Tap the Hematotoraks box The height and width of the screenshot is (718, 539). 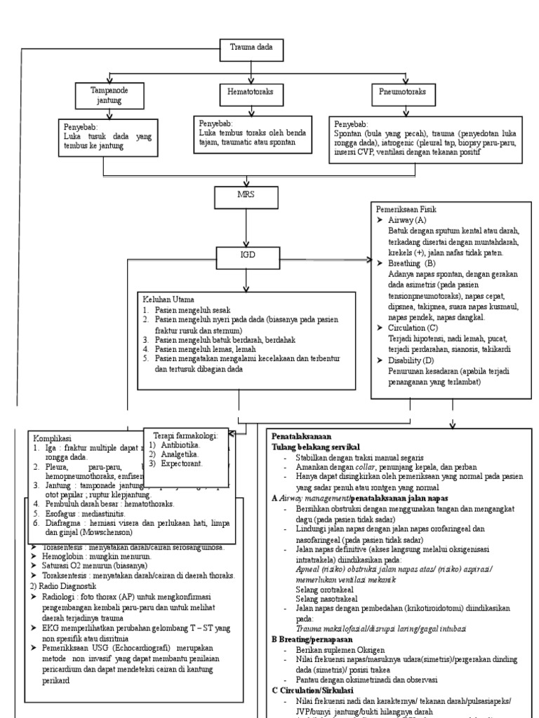(x=245, y=92)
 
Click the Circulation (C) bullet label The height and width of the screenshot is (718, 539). (x=413, y=327)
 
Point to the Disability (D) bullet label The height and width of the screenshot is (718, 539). (x=411, y=360)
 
